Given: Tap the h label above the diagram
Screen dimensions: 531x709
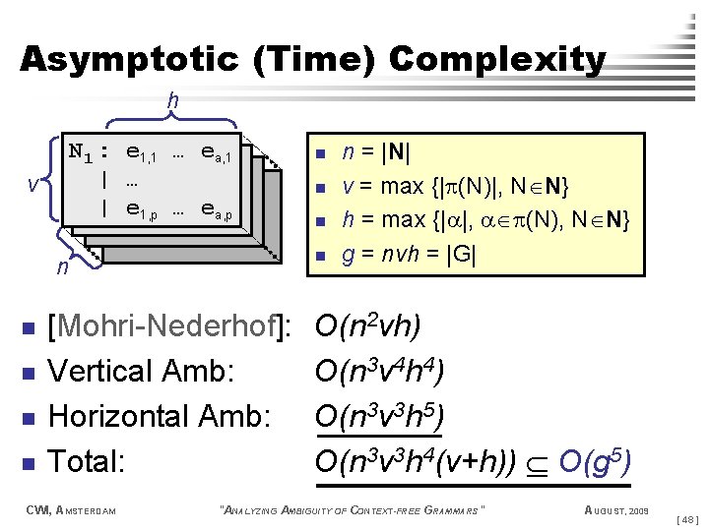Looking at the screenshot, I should (x=173, y=100).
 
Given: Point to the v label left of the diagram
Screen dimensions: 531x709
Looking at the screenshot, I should (x=32, y=185).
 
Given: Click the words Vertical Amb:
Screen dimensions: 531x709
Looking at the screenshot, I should (x=141, y=372).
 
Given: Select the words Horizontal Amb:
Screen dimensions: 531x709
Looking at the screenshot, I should (x=159, y=416).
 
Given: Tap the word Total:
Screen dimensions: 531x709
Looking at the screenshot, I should (x=87, y=460).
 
